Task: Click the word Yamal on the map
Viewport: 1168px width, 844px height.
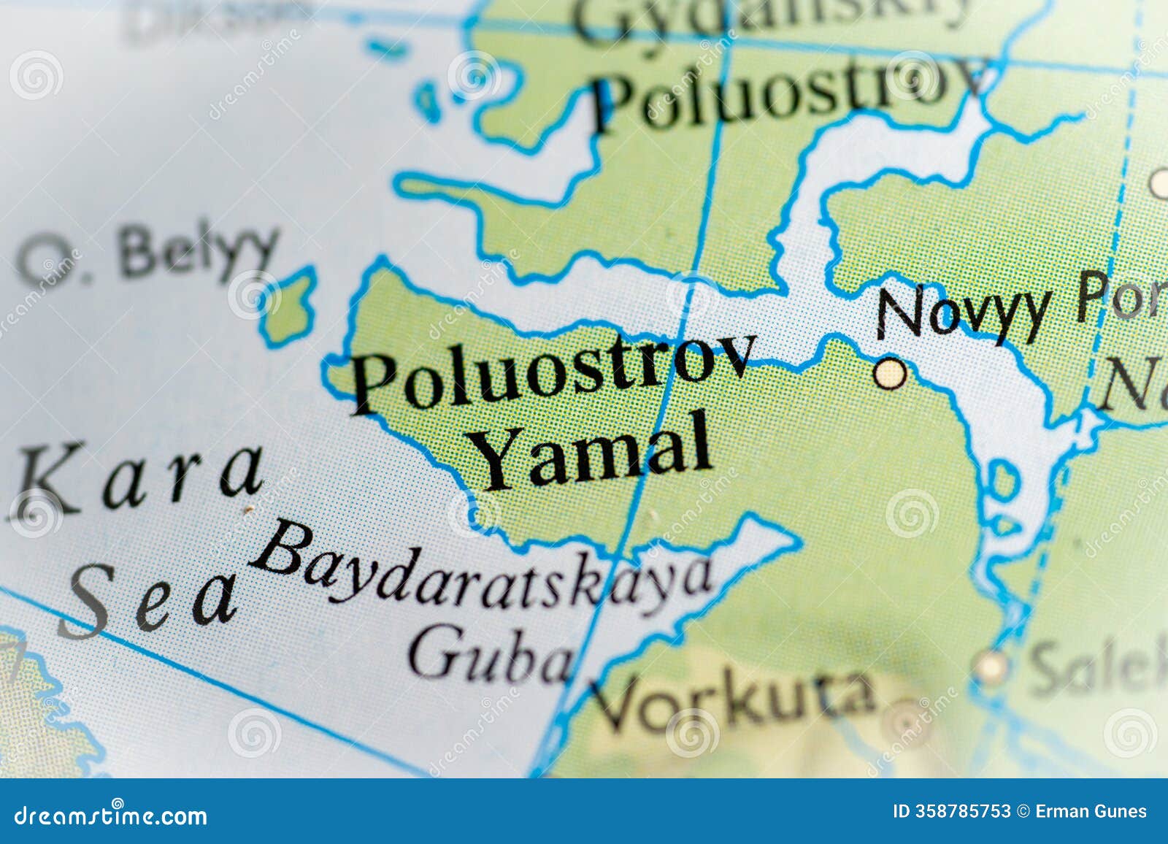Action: tap(595, 448)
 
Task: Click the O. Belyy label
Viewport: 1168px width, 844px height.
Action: tap(150, 252)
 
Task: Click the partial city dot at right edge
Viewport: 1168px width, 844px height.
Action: tap(1159, 183)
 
